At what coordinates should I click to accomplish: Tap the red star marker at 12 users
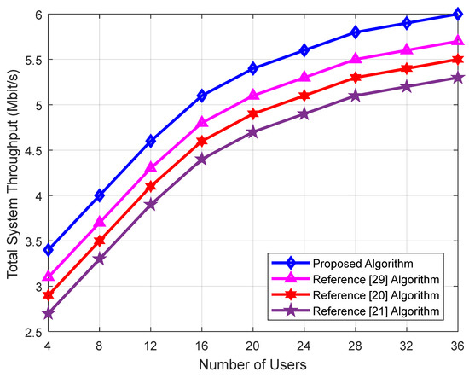[x=150, y=186]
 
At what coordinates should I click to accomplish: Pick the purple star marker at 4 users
[x=49, y=313]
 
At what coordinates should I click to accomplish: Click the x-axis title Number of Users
[x=253, y=366]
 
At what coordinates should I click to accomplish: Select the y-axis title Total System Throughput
[x=12, y=172]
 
